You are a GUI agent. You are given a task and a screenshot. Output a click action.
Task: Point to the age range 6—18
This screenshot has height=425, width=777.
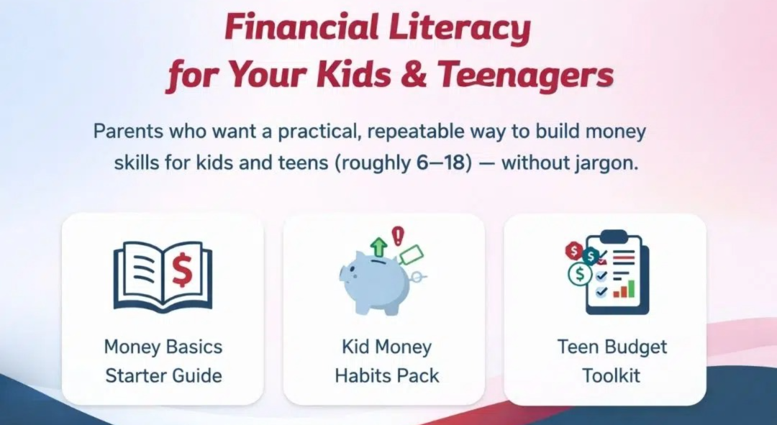pyautogui.click(x=441, y=163)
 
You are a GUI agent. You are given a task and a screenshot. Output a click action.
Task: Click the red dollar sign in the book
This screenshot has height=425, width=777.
pyautogui.click(x=185, y=270)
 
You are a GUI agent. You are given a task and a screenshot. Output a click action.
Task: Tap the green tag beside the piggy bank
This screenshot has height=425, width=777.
pyautogui.click(x=411, y=254)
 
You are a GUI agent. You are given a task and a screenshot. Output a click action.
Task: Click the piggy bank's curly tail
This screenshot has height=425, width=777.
pyautogui.click(x=422, y=277)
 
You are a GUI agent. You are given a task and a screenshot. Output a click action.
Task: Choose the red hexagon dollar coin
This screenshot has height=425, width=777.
pyautogui.click(x=573, y=250)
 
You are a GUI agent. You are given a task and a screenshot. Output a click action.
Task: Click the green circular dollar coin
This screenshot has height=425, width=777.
pyautogui.click(x=579, y=274)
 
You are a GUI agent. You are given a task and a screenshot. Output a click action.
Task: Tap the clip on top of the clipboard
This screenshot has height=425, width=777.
pyautogui.click(x=613, y=236)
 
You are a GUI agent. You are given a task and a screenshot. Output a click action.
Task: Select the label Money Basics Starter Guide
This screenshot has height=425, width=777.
pyautogui.click(x=163, y=361)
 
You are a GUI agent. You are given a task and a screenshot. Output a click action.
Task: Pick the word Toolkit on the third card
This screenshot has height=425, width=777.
pyautogui.click(x=612, y=375)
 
